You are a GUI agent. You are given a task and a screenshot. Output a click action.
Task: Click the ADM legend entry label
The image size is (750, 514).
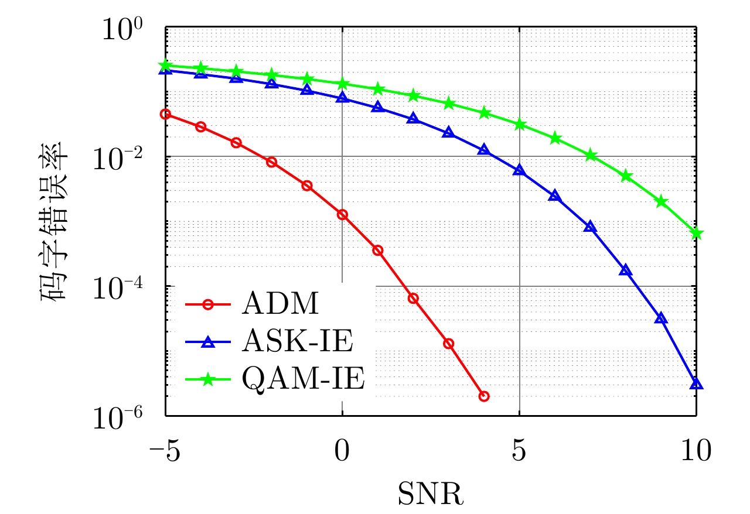click(x=278, y=304)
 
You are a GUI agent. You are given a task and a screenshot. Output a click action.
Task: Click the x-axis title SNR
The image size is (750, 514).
click(x=431, y=492)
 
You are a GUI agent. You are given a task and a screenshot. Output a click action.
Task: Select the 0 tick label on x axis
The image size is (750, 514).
click(x=342, y=452)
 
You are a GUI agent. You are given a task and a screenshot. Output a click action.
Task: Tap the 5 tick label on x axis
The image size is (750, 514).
click(x=519, y=452)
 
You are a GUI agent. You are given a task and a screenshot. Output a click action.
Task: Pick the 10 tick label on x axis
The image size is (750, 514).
click(x=696, y=452)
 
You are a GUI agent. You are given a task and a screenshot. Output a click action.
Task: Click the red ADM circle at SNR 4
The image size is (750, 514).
click(x=484, y=396)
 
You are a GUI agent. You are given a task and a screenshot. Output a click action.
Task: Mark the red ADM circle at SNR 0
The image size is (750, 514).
click(x=342, y=215)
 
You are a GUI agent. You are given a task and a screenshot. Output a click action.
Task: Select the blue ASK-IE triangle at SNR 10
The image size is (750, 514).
click(x=696, y=384)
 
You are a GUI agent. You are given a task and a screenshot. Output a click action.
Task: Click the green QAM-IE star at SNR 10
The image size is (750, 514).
click(x=696, y=234)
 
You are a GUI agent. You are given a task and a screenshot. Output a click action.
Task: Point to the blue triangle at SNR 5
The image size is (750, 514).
click(x=519, y=170)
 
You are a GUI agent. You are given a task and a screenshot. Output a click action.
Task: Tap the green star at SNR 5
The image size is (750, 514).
click(x=519, y=125)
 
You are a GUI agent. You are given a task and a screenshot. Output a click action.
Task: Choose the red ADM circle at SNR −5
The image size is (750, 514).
click(x=165, y=114)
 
